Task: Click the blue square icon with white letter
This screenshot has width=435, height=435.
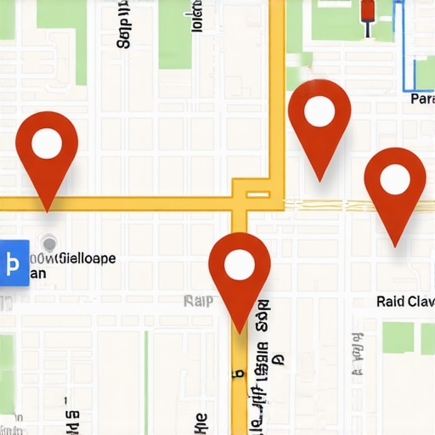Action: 14,263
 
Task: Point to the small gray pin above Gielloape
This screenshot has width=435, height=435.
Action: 49,245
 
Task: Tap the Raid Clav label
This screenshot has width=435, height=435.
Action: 405,302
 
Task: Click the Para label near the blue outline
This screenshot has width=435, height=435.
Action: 421,99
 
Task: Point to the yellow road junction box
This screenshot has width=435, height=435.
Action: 251,194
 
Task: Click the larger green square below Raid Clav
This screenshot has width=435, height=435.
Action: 397,337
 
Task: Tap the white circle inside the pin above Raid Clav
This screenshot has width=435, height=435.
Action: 395,179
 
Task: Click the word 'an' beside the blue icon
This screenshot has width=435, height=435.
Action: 37,274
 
